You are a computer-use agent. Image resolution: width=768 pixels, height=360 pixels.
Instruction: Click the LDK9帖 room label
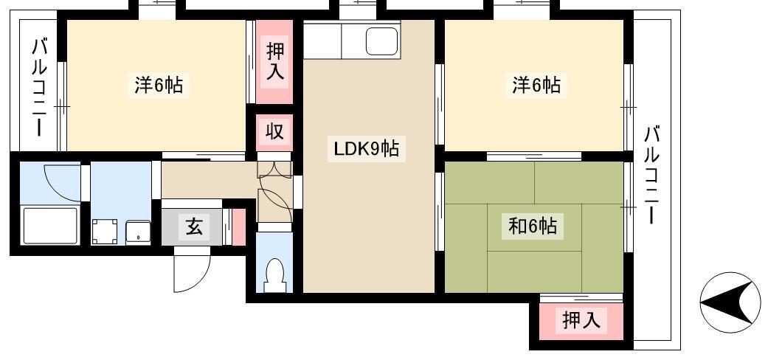click(x=366, y=150)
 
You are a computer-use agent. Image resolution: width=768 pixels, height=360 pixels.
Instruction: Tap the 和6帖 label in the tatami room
click(x=532, y=226)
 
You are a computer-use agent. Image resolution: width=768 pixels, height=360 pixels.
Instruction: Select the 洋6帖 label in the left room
click(x=159, y=86)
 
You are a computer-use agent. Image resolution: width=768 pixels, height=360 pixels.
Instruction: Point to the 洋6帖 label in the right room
click(x=536, y=86)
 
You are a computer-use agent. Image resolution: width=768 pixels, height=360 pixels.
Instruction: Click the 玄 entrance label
click(x=194, y=226)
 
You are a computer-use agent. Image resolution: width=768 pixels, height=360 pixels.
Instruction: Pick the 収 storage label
click(x=274, y=131)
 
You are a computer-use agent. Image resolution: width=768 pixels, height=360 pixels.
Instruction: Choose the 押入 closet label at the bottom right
click(x=581, y=320)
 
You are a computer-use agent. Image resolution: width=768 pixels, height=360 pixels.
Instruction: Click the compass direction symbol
click(x=730, y=302)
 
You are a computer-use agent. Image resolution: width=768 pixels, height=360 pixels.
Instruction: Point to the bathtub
click(x=51, y=225)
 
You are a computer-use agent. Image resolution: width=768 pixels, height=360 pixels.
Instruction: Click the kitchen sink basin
click(x=381, y=41)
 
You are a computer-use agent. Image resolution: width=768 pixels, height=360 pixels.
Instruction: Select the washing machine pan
click(x=105, y=231)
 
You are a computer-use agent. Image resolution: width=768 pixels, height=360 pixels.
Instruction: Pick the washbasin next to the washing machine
click(x=138, y=232)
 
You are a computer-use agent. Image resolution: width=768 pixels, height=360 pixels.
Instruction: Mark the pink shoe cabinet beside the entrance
click(x=238, y=226)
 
